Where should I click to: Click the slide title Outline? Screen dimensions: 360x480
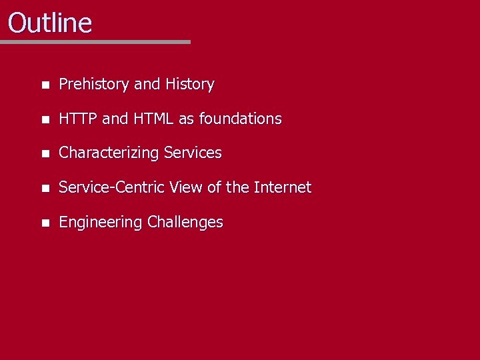click(x=50, y=23)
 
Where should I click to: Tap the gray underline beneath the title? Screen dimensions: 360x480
click(x=95, y=42)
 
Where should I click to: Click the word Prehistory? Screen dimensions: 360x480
click(x=94, y=85)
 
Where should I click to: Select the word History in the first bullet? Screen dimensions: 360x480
click(x=190, y=85)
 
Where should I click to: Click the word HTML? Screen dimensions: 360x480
click(x=153, y=119)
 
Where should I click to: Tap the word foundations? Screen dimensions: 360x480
click(x=240, y=119)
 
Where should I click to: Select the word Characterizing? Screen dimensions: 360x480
click(x=109, y=153)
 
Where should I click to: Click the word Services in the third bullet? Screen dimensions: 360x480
click(x=193, y=153)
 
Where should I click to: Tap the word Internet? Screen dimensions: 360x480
click(x=283, y=187)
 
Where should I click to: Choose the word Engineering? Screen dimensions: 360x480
click(x=101, y=222)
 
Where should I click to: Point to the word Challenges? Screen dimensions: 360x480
click(x=185, y=222)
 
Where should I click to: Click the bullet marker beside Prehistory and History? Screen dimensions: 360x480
click(x=44, y=85)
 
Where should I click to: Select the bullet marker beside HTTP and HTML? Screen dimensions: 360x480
click(x=44, y=120)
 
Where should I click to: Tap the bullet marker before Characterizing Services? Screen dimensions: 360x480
click(x=44, y=154)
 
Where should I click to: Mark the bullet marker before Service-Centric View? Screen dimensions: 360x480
click(x=44, y=189)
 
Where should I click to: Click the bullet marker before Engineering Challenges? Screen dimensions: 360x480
click(x=44, y=223)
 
